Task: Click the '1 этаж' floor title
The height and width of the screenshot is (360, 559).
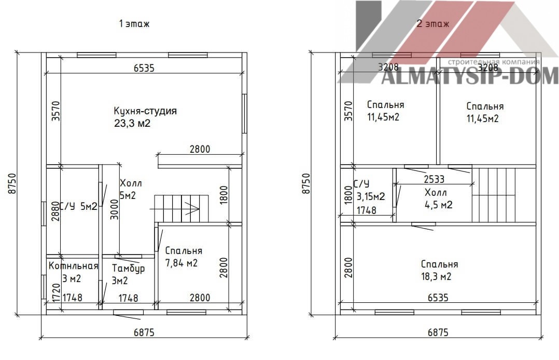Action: (134, 23)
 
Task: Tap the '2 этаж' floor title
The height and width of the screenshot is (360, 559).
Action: (433, 23)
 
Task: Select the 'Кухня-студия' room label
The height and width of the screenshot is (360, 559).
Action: (145, 111)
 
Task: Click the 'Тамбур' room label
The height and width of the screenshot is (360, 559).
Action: (129, 268)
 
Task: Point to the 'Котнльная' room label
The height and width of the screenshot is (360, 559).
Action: (74, 266)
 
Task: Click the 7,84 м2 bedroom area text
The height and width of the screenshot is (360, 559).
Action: (181, 263)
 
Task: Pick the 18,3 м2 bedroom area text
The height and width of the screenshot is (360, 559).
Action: (437, 276)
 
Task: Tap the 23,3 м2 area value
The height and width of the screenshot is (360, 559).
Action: (132, 124)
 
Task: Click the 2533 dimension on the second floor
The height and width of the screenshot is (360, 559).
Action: (434, 179)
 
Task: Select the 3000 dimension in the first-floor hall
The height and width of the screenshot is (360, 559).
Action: (114, 209)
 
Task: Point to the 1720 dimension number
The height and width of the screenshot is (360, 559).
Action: (56, 293)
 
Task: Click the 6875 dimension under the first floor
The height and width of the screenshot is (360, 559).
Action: (144, 332)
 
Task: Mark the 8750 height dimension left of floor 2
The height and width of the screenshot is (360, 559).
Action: (306, 183)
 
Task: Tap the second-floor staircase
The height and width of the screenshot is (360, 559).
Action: (494, 195)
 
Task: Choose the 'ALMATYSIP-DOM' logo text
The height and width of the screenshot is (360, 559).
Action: (470, 76)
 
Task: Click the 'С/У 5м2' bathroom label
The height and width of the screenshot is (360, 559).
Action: (78, 206)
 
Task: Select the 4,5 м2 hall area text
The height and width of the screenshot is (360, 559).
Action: (439, 205)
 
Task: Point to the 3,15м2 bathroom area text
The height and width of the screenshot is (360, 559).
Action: (371, 196)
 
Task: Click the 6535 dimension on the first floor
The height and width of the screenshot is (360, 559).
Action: (144, 68)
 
